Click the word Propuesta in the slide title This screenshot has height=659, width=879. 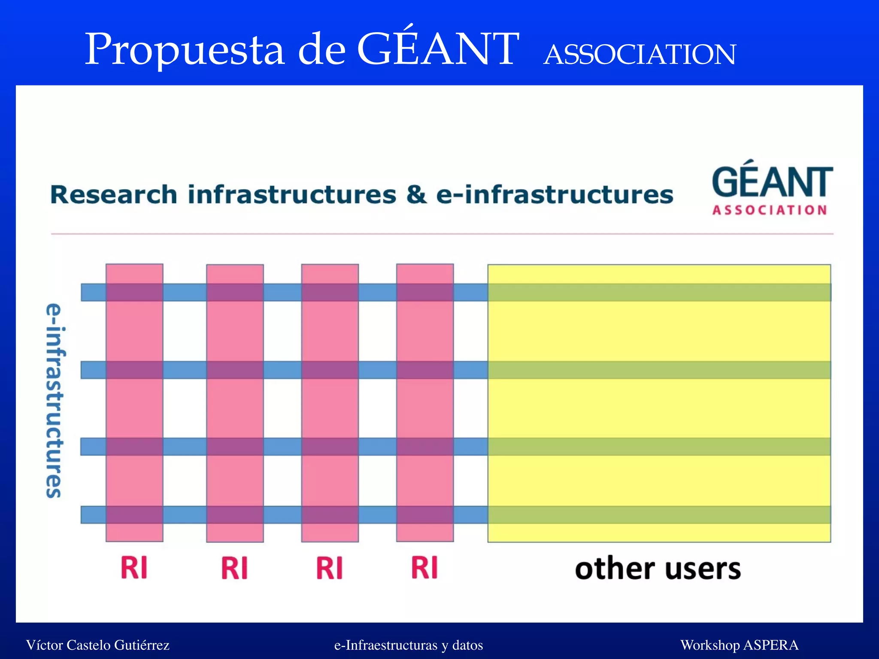(185, 50)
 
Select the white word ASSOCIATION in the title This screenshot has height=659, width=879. (640, 55)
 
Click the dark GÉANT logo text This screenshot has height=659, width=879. (772, 182)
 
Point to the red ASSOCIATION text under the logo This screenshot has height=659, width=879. (770, 210)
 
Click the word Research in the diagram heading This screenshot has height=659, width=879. (114, 195)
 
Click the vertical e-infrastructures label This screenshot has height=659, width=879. (55, 401)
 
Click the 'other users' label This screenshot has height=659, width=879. (658, 569)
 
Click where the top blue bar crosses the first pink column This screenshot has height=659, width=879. (134, 292)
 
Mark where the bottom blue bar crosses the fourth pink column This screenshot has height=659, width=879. (425, 514)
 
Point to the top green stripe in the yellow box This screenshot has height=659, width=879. (659, 292)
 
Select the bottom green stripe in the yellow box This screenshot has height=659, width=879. (659, 514)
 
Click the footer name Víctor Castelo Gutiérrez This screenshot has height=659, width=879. (98, 645)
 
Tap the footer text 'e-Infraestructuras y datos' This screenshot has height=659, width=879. (409, 645)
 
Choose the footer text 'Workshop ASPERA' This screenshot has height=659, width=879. (739, 645)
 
